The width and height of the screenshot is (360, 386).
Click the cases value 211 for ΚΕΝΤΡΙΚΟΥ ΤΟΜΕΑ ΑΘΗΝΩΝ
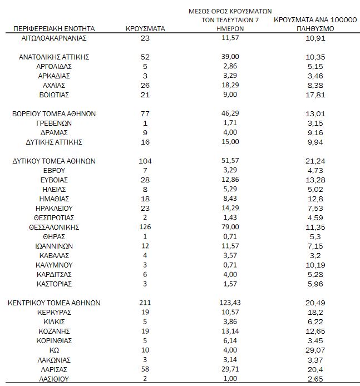(145, 303)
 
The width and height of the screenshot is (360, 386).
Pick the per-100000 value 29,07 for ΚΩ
(315, 350)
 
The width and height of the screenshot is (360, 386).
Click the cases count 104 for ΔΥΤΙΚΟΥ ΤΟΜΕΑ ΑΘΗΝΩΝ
(145, 161)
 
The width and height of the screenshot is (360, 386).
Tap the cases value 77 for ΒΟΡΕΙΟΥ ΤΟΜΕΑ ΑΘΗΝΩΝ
(145, 113)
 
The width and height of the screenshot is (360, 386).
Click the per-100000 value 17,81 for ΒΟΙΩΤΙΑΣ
(315, 95)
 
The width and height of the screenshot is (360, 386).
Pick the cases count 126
(145, 227)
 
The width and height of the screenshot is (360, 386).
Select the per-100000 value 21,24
(315, 161)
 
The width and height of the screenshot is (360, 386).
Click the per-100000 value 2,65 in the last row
(315, 379)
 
